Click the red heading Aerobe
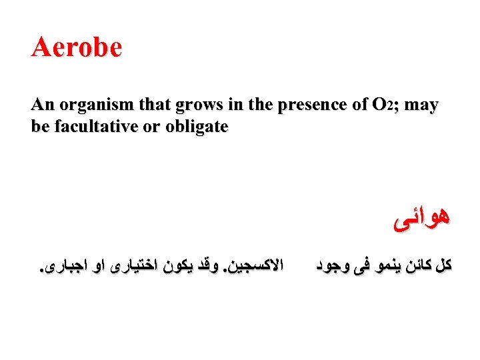[x=77, y=47]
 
